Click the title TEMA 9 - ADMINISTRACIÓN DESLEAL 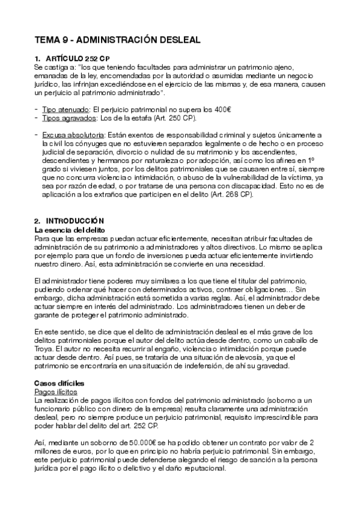tap(117, 40)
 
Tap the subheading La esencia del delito tap(70, 229)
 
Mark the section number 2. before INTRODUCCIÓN tap(38, 221)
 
